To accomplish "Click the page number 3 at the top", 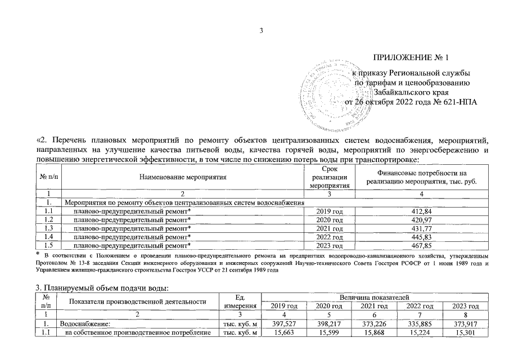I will pos(260,30).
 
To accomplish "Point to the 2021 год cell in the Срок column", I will pos(327,227).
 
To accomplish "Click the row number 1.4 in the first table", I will pos(48,236).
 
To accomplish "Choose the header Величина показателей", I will pos(374,296).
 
